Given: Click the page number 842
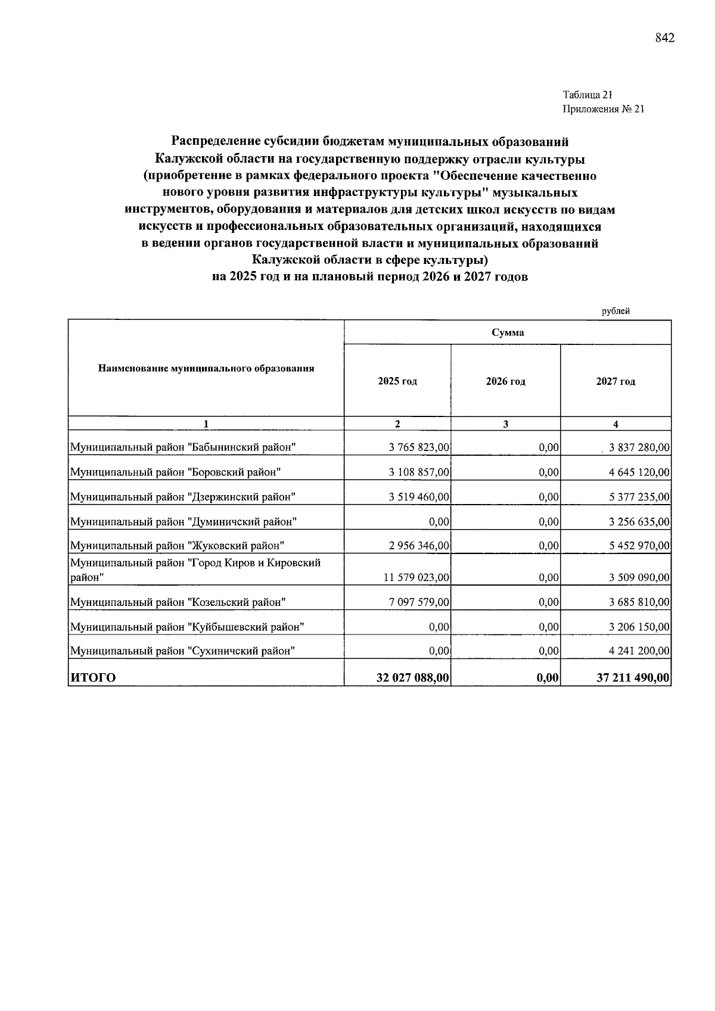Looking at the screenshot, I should pyautogui.click(x=664, y=39).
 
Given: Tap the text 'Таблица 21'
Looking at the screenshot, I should pyautogui.click(x=587, y=95).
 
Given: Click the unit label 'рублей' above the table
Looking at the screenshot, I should pyautogui.click(x=615, y=310).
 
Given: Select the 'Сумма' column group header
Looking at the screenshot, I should pyautogui.click(x=508, y=332).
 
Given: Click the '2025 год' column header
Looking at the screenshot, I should pyautogui.click(x=397, y=381).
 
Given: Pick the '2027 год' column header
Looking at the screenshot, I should pyautogui.click(x=615, y=381).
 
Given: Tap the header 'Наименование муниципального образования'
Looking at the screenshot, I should pyautogui.click(x=206, y=368).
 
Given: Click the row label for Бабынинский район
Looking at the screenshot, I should pyautogui.click(x=184, y=447).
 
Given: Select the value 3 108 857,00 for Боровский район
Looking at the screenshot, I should pyautogui.click(x=419, y=472).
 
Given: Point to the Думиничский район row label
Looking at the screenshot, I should pyautogui.click(x=184, y=522).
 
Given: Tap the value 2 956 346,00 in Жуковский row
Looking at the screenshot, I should pyautogui.click(x=419, y=545).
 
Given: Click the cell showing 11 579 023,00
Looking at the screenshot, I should pyautogui.click(x=415, y=577).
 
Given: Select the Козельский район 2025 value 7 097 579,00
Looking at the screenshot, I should pyautogui.click(x=419, y=602).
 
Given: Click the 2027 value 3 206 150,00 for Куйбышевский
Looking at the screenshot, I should pyautogui.click(x=639, y=627).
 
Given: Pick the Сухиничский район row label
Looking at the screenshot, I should pyautogui.click(x=183, y=651).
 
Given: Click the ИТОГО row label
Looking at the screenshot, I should pyautogui.click(x=94, y=678).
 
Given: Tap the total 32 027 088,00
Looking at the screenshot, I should pyautogui.click(x=412, y=678).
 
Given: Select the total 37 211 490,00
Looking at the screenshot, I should pyautogui.click(x=633, y=678).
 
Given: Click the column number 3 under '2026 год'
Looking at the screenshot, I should pyautogui.click(x=505, y=424).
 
